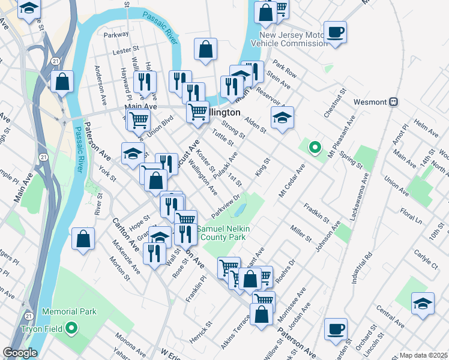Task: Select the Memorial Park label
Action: pos(69,312)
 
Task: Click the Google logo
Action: pos(19,353)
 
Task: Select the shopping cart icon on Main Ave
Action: pos(139,119)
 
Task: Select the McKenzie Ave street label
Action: pos(126,257)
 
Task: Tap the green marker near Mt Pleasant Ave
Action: pos(314,146)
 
